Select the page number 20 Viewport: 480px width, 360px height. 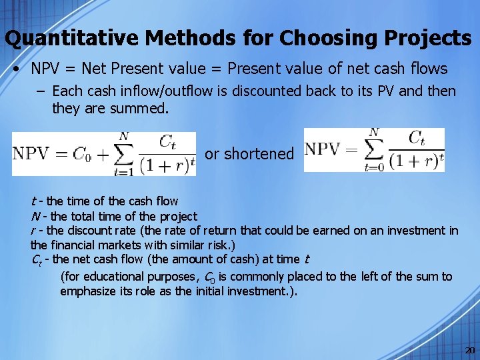point(469,350)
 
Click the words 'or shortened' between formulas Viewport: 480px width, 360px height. point(249,154)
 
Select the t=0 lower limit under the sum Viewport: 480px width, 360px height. point(372,168)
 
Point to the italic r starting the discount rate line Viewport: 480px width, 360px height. point(33,231)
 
